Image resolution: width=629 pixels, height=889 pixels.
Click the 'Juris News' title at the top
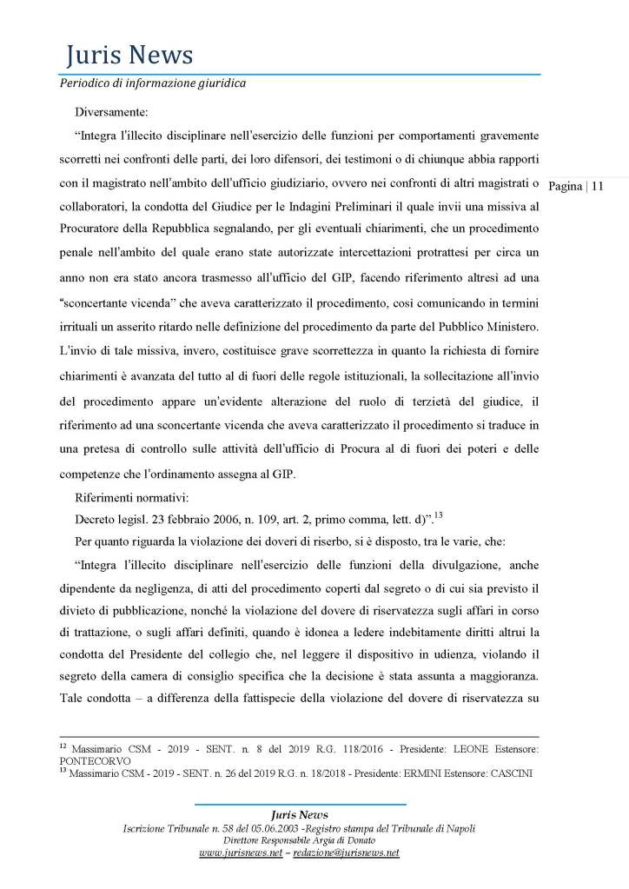[x=129, y=56]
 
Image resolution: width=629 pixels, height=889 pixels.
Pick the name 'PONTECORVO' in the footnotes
[x=104, y=759]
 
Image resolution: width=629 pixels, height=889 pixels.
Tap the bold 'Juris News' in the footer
[x=300, y=814]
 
